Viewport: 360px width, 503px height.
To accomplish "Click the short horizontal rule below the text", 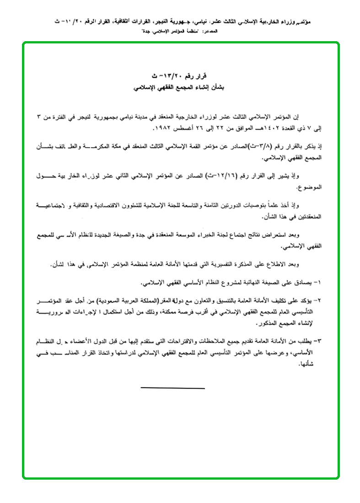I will (x=172, y=388).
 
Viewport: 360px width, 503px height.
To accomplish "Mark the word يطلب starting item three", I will (x=307, y=341).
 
